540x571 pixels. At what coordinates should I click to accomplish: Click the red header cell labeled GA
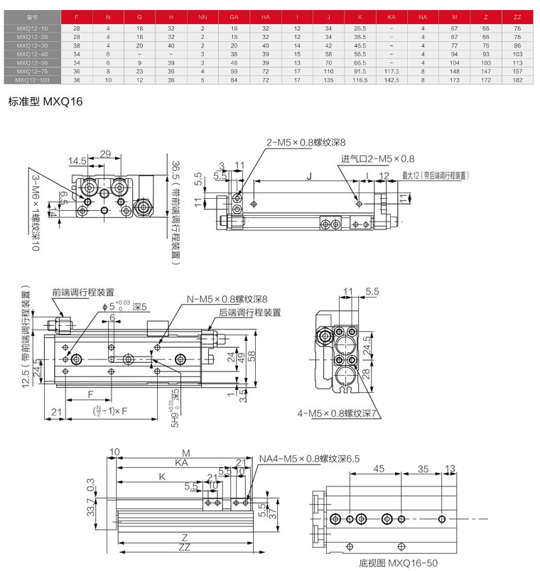click(234, 16)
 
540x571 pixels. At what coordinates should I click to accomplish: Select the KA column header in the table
click(391, 16)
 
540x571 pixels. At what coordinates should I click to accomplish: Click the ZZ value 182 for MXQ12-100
click(517, 81)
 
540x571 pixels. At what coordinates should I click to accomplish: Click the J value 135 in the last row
click(328, 81)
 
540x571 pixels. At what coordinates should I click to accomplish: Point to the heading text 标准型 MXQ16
click(45, 102)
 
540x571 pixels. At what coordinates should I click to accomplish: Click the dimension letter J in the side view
click(308, 174)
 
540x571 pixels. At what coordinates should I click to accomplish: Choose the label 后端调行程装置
click(249, 311)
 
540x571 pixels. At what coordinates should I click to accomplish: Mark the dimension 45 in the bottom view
click(378, 468)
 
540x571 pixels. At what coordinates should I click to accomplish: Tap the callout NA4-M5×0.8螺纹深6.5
click(310, 458)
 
